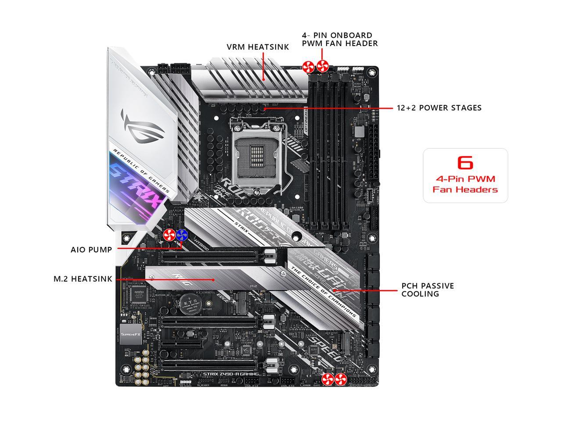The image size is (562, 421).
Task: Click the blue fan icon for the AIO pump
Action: tap(182, 235)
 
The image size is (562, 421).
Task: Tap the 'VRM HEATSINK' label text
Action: tap(258, 47)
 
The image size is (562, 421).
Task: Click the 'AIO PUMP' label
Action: tap(91, 250)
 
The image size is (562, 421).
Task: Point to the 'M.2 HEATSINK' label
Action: tap(83, 279)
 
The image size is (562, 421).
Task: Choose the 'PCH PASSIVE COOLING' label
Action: tap(427, 290)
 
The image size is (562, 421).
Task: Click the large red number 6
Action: tap(465, 162)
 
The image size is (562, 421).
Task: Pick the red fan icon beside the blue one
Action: tap(169, 235)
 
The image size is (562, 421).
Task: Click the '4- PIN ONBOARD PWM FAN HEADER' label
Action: tap(339, 39)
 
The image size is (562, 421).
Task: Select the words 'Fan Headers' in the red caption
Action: tap(465, 189)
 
